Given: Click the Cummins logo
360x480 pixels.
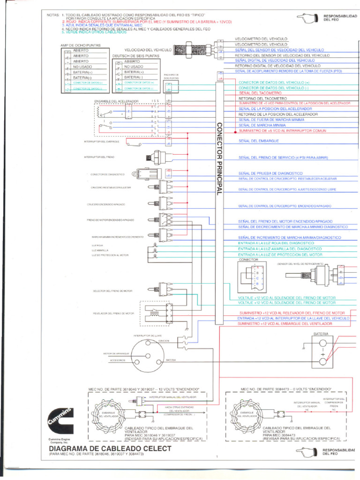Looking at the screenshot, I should pyautogui.click(x=60, y=420).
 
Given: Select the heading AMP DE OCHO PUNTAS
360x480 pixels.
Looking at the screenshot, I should pyautogui.click(x=81, y=45).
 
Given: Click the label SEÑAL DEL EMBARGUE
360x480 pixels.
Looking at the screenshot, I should pyautogui.click(x=259, y=141).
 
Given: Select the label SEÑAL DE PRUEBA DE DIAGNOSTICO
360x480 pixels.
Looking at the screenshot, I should pyautogui.click(x=270, y=173).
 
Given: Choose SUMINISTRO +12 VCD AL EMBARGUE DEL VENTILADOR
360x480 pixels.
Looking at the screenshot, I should pyautogui.click(x=285, y=324).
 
